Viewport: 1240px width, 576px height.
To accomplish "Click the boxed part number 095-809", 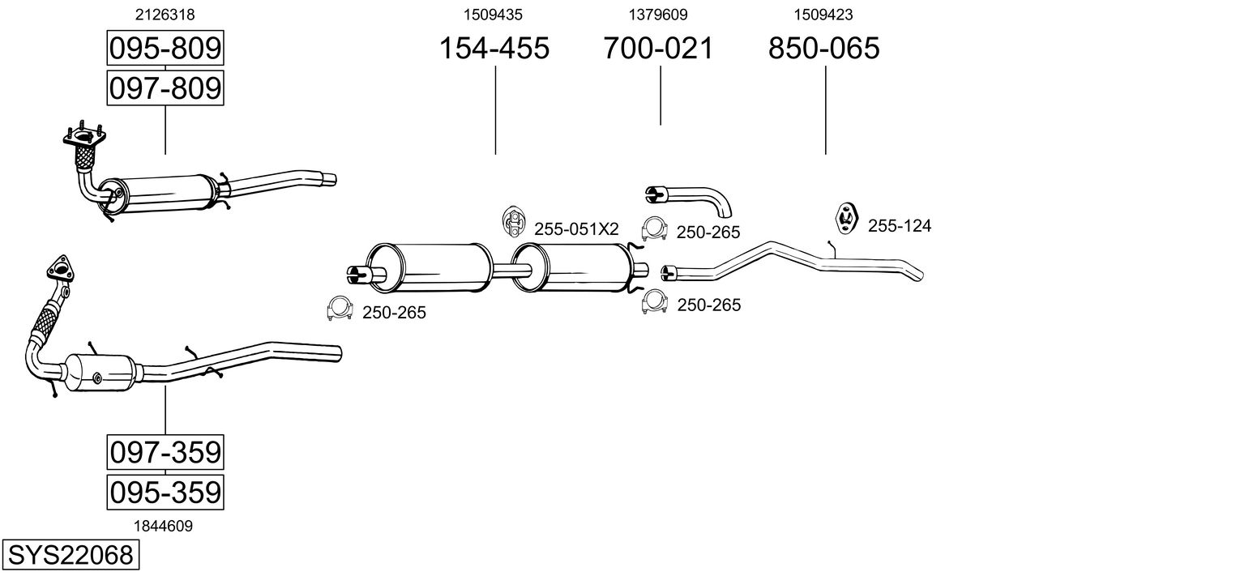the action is pos(165,48).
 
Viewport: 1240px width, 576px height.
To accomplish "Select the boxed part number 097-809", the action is pos(165,88).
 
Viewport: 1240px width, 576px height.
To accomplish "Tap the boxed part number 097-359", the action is pos(165,452).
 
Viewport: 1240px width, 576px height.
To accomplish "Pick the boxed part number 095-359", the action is pos(165,492).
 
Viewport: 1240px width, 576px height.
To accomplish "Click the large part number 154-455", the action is pos(494,48).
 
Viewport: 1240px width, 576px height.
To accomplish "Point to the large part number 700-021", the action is pos(658,48).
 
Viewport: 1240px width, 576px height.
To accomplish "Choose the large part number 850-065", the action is pos(823,48).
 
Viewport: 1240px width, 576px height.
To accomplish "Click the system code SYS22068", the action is pos(71,555).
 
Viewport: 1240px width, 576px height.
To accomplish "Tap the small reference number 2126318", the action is pos(165,15).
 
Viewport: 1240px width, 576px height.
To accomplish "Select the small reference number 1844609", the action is pos(163,527).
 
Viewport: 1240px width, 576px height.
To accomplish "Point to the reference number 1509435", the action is pos(493,15).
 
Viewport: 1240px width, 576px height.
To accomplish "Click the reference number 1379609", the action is pos(657,15).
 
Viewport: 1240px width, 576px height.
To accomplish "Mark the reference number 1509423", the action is pos(823,15).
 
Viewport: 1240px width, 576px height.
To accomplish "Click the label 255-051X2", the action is pos(576,229).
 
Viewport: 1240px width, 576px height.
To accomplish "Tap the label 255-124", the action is pos(900,226).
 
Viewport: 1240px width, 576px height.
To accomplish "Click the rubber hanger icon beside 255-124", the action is pos(846,218).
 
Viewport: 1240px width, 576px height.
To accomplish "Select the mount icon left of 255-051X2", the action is pos(513,221).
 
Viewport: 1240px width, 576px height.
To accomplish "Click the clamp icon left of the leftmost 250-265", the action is pos(340,309).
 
